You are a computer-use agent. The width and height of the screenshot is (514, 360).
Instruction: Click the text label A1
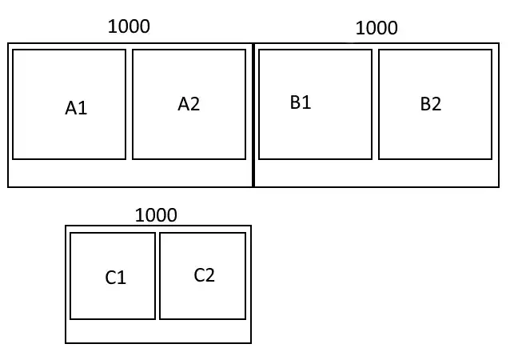(76, 108)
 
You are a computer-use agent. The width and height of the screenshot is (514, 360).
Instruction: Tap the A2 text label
(189, 104)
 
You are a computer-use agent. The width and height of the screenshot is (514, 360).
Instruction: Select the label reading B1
(301, 102)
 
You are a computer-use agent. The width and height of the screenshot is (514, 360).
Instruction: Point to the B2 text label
(431, 104)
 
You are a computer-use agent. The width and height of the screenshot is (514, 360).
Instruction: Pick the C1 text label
(115, 278)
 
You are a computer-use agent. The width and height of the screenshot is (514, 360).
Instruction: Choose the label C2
(204, 275)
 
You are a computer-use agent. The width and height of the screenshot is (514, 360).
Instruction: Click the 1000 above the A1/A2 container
(129, 26)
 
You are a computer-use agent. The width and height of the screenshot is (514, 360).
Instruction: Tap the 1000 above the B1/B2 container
(377, 28)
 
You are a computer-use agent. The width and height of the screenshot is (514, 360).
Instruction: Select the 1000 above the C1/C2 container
(156, 215)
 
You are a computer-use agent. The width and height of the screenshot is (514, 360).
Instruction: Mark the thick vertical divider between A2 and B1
(253, 115)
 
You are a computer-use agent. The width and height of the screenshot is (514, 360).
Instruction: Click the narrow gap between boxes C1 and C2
(157, 276)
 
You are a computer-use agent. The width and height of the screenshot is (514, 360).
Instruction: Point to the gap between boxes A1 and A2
(129, 104)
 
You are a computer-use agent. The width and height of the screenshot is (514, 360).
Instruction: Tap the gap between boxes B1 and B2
(376, 104)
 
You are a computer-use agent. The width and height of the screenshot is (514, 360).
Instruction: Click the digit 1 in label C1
(122, 278)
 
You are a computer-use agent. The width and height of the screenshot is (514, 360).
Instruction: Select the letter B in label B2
(425, 104)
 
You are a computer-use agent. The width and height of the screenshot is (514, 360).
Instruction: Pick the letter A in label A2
(183, 104)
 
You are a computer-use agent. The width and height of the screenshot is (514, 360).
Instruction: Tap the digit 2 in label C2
(210, 275)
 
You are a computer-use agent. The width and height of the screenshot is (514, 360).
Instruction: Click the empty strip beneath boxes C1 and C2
(158, 331)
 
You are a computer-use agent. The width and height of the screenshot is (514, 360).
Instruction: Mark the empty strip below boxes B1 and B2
(377, 174)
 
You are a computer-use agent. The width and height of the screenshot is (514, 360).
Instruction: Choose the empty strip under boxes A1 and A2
(129, 174)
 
